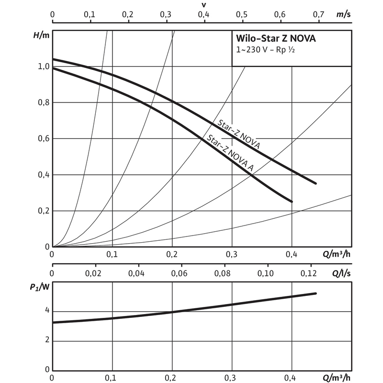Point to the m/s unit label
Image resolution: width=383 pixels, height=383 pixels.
tap(343, 15)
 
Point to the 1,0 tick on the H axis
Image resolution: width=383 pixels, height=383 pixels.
tap(44, 67)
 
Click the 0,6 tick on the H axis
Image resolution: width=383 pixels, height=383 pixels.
tap(44, 139)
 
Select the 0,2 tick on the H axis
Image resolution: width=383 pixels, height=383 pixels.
tap(44, 211)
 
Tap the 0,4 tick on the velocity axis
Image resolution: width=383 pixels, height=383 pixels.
tap(203, 15)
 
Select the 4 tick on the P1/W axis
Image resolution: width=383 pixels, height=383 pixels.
tap(46, 311)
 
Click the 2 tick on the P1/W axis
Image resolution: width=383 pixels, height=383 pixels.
tap(46, 340)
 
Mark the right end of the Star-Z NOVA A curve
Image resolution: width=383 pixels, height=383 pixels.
tap(292, 202)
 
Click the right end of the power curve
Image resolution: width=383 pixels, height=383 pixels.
tap(316, 293)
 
